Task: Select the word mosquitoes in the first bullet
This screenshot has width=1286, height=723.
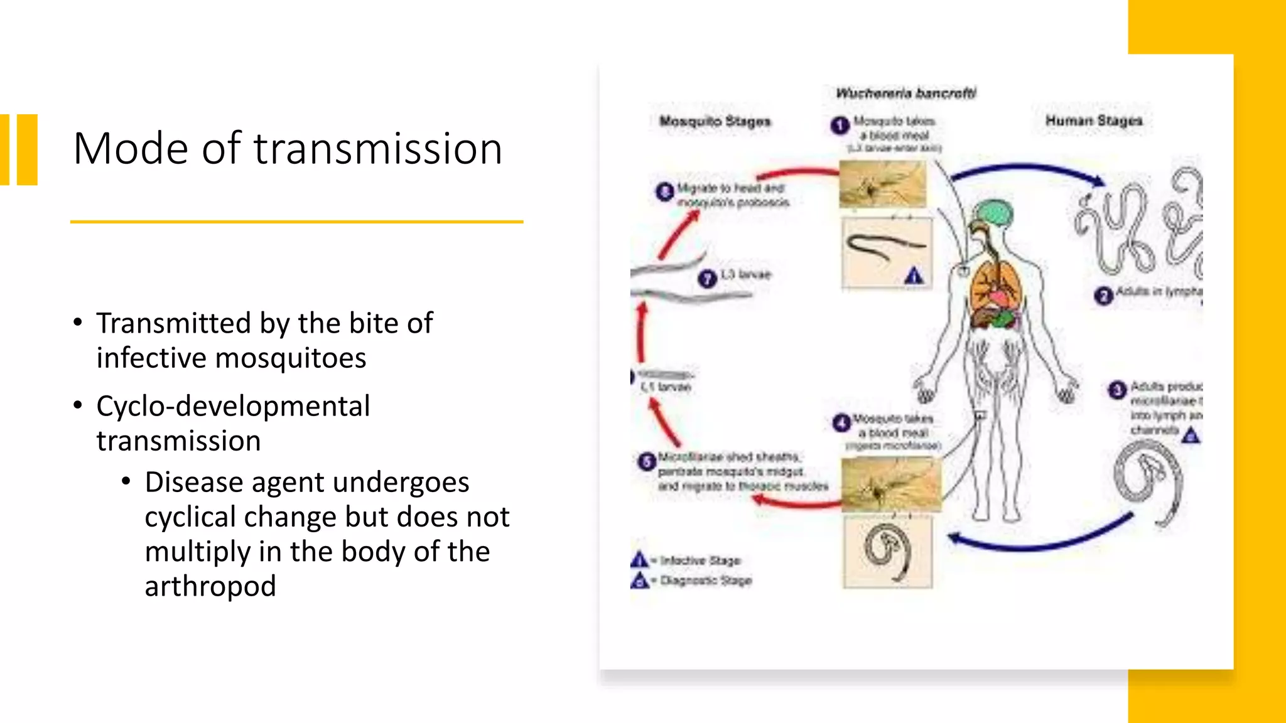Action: (x=290, y=358)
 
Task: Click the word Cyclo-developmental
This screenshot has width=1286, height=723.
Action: (x=233, y=406)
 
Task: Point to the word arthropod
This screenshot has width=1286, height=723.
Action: (x=210, y=586)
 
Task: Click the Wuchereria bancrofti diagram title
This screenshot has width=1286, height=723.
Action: (x=905, y=94)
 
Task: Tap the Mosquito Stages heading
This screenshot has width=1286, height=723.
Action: (x=715, y=121)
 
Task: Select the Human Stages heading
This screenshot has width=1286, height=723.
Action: (x=1093, y=120)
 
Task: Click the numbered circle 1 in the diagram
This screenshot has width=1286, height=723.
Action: (x=840, y=126)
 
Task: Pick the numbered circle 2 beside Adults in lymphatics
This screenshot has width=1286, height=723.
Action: (x=1103, y=296)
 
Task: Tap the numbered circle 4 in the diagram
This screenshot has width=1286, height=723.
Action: (x=841, y=423)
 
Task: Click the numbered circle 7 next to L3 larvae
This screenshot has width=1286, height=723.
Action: (x=707, y=278)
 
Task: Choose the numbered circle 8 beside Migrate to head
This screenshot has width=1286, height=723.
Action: (x=664, y=191)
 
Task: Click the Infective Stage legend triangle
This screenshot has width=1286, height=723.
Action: (x=639, y=559)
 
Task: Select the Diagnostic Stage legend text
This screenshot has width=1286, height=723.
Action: (x=706, y=581)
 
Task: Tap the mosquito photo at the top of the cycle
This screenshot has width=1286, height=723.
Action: (x=882, y=184)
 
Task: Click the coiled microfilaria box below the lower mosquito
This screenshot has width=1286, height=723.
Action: (x=887, y=552)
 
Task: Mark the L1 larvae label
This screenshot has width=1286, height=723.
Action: (x=666, y=387)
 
